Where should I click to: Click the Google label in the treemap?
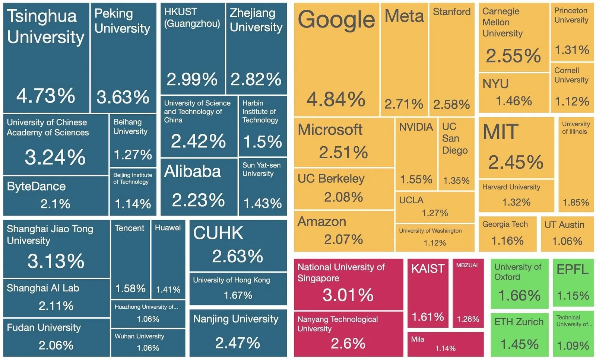point(336,20)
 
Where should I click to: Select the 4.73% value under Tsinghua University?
point(46,96)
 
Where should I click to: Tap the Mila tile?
point(446,344)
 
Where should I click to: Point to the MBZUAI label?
point(467,265)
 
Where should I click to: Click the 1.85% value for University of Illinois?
point(576,203)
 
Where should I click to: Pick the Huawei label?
point(168,227)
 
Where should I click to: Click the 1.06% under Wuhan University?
point(148,348)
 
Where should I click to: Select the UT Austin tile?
point(567,234)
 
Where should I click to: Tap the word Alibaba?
point(192,171)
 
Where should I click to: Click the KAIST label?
point(428,268)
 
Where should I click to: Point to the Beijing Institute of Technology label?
point(133,178)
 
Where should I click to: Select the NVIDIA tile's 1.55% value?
point(416,180)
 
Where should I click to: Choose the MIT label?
point(501,132)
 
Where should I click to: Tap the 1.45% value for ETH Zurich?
point(519,344)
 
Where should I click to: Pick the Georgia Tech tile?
point(508,234)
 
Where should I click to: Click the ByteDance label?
point(36,187)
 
